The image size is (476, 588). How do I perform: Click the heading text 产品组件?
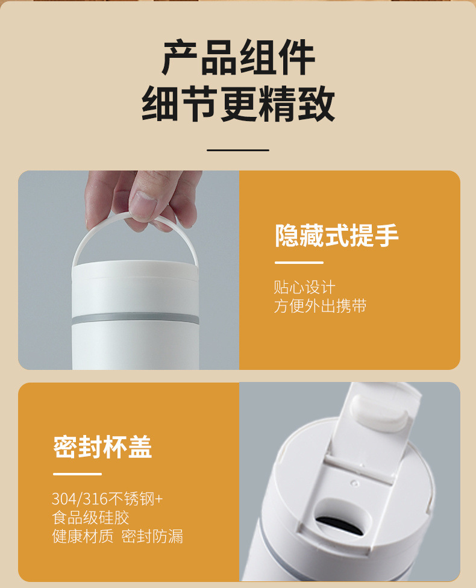tap(238, 58)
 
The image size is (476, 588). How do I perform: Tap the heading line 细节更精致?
tap(238, 104)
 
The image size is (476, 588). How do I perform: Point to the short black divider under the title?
tap(238, 150)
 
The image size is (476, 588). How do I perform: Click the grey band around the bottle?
tap(136, 319)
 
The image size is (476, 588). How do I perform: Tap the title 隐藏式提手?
tap(336, 236)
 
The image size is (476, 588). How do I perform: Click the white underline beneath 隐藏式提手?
tap(299, 263)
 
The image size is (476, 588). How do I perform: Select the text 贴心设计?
tap(304, 287)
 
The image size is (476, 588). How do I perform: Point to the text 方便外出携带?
tap(320, 306)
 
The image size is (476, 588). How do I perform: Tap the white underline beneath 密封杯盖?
tap(77, 474)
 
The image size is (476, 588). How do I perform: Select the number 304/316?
tap(79, 499)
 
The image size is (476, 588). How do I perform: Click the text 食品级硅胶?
tap(90, 518)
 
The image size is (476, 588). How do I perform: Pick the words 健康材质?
tap(83, 536)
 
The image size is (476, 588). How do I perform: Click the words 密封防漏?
tap(152, 536)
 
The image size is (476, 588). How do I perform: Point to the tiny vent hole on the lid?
tap(353, 483)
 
